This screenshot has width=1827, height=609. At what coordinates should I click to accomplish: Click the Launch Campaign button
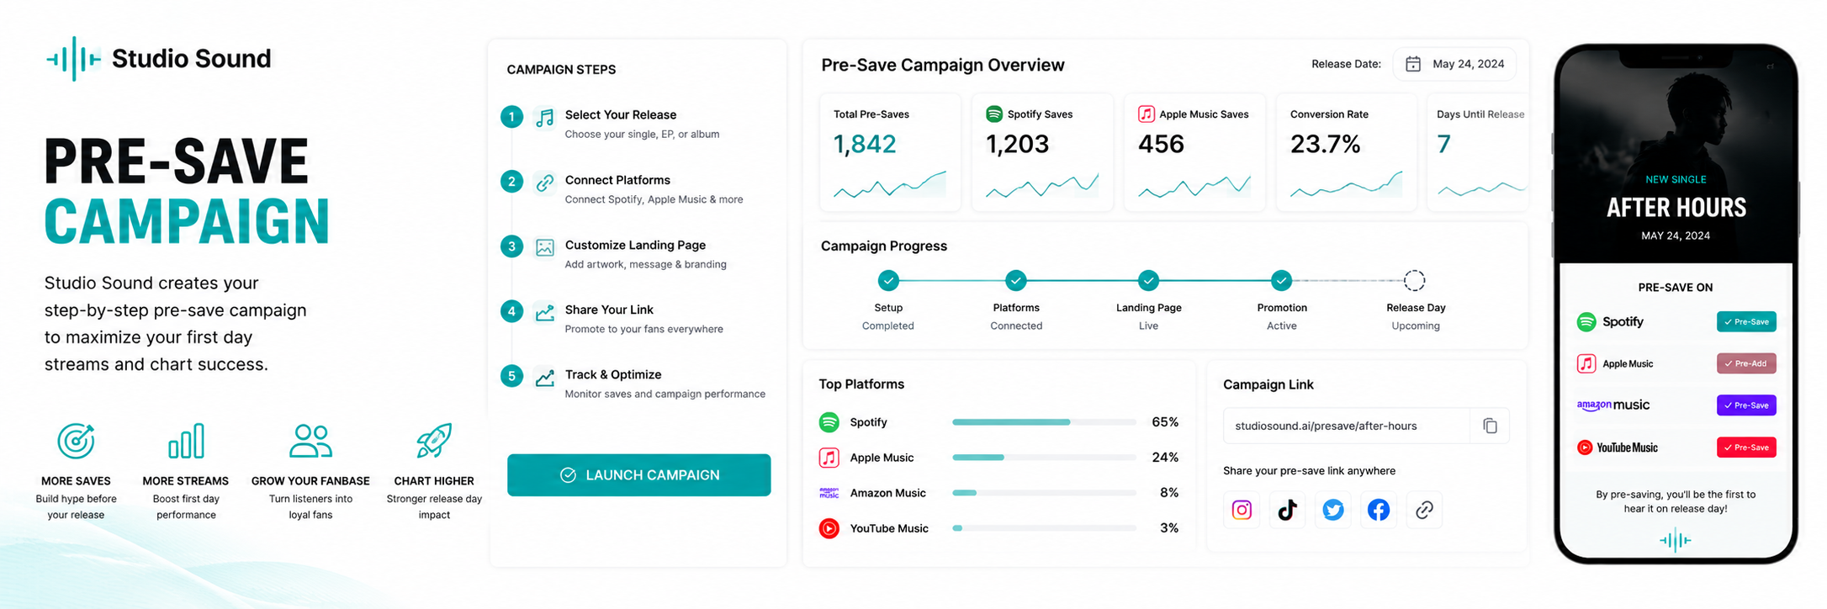(x=638, y=475)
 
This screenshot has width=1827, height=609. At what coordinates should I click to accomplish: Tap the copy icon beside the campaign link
(x=1490, y=426)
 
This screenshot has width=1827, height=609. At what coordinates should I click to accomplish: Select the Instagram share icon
(x=1242, y=510)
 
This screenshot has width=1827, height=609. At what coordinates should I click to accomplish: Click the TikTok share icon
(x=1287, y=510)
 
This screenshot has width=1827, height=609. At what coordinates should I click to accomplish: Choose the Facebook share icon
(x=1378, y=510)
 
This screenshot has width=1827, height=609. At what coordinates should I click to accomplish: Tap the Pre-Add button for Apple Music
(x=1745, y=363)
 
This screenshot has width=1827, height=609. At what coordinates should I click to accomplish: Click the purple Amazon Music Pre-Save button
(x=1745, y=405)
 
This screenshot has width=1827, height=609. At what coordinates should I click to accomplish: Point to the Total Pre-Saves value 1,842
(x=865, y=144)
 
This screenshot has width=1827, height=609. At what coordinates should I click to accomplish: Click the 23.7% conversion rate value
(x=1325, y=144)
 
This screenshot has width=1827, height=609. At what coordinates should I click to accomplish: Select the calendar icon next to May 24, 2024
(x=1413, y=64)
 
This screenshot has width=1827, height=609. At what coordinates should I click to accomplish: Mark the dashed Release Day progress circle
(x=1415, y=280)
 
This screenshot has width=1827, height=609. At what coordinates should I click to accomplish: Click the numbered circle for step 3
(x=511, y=246)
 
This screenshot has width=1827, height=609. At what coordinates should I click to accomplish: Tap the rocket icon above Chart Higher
(x=434, y=441)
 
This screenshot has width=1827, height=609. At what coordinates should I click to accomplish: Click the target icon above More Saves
(x=76, y=441)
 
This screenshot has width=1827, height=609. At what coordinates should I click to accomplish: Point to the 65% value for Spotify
(x=1165, y=422)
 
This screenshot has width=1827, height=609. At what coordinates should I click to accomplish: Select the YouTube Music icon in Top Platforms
(x=829, y=528)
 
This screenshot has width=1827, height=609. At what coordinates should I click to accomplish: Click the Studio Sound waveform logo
(x=74, y=59)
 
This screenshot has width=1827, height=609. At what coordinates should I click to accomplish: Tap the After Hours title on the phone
(x=1676, y=208)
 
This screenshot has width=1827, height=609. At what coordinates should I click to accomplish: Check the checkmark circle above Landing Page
(x=1148, y=280)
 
